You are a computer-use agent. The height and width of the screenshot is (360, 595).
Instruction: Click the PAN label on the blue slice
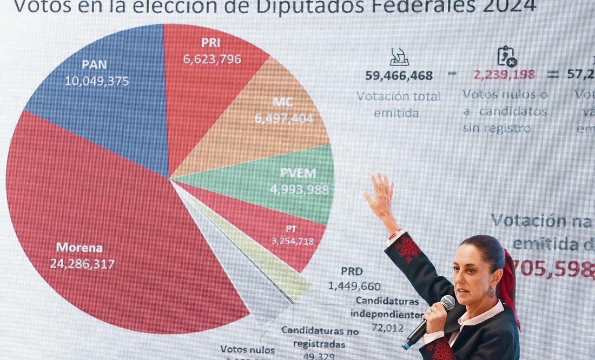pos(94,65)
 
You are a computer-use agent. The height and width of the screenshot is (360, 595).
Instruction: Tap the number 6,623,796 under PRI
pos(212,59)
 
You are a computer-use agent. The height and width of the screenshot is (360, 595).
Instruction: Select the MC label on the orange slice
pos(283,102)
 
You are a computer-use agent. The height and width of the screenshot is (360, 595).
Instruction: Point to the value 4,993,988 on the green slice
pos(299,190)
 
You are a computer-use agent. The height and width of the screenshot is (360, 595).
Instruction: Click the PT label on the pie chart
pos(291,229)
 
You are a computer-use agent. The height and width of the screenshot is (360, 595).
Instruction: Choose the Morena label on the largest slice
pos(79,248)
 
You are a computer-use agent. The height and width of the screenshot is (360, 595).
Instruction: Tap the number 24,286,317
pos(82,264)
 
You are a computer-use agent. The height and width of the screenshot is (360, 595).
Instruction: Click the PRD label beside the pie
pos(352,271)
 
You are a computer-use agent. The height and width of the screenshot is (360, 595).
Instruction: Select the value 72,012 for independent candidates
pos(387,328)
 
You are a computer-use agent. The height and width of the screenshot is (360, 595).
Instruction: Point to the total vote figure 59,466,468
pos(399,76)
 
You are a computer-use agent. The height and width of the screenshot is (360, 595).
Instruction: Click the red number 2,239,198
pos(504,75)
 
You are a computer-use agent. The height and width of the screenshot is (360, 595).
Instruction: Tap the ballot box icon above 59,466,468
pos(399,57)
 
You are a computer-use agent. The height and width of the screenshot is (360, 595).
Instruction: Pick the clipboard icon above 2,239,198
pos(507,56)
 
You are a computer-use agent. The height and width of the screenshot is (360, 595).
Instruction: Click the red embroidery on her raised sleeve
pos(407,249)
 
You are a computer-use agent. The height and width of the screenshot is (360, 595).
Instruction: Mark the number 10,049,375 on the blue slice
pos(97,81)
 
